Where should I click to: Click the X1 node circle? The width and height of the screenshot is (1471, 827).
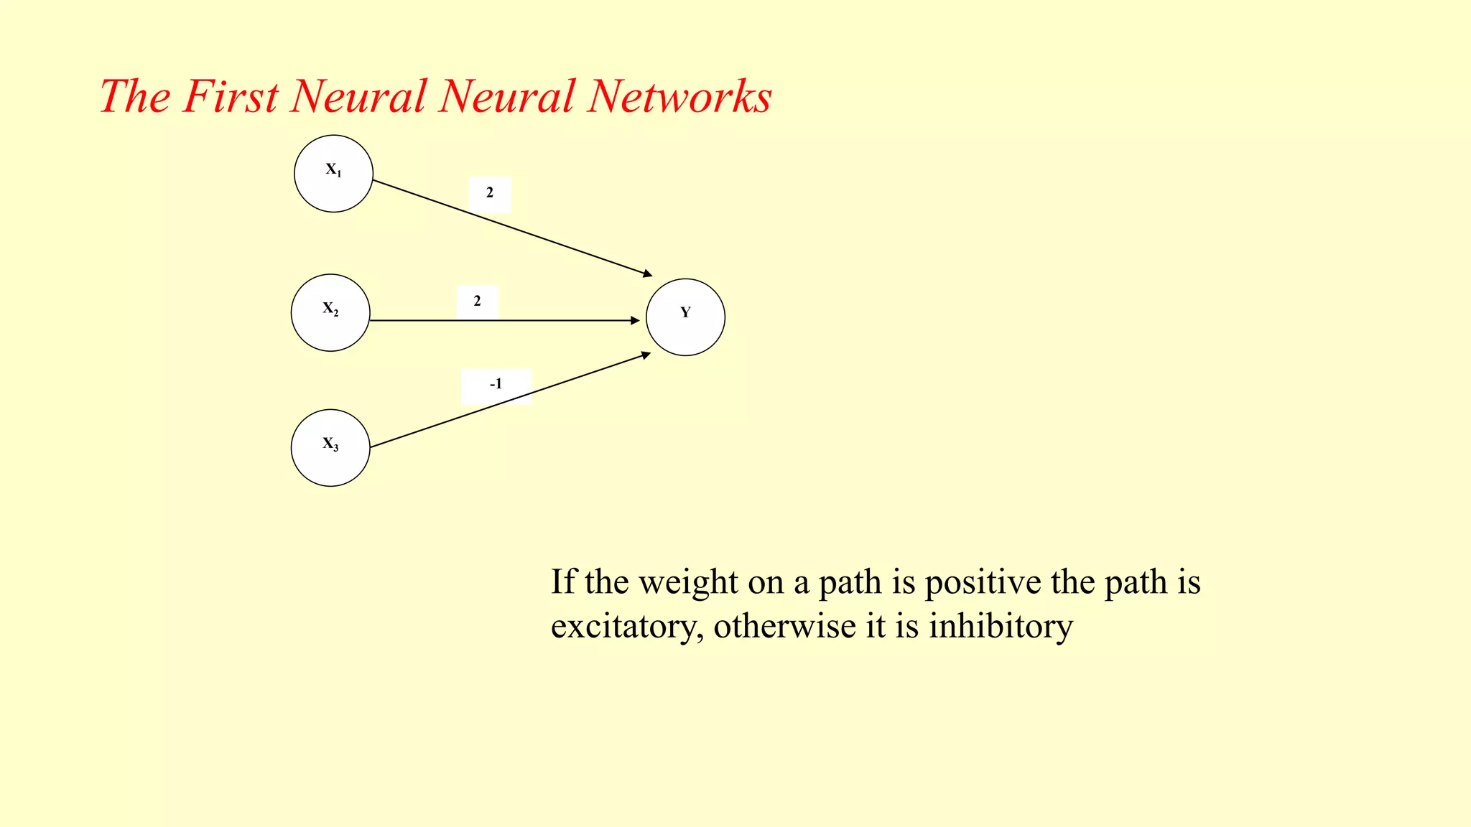(333, 174)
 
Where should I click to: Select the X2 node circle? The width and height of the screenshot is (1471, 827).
(330, 313)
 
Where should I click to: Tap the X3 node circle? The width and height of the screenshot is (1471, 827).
(330, 448)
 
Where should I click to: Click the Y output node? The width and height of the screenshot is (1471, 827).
(685, 317)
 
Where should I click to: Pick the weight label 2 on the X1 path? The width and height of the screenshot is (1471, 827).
(490, 193)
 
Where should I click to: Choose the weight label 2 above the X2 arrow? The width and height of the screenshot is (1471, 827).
(477, 302)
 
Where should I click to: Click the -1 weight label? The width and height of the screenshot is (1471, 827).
(496, 385)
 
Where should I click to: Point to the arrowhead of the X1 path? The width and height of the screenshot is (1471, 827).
(648, 274)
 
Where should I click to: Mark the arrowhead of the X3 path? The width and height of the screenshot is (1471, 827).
(646, 355)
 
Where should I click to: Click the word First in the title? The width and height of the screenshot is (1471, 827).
(230, 96)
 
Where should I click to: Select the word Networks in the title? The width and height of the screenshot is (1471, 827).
(679, 96)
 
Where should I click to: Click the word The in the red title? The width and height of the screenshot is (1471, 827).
(135, 96)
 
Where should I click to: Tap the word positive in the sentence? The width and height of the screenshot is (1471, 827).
(982, 583)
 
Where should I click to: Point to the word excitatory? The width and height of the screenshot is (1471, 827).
(626, 627)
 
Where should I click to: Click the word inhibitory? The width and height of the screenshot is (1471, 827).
(1001, 626)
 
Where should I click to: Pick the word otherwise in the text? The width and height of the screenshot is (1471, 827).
(784, 626)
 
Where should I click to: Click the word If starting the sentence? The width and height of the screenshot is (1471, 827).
(563, 581)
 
